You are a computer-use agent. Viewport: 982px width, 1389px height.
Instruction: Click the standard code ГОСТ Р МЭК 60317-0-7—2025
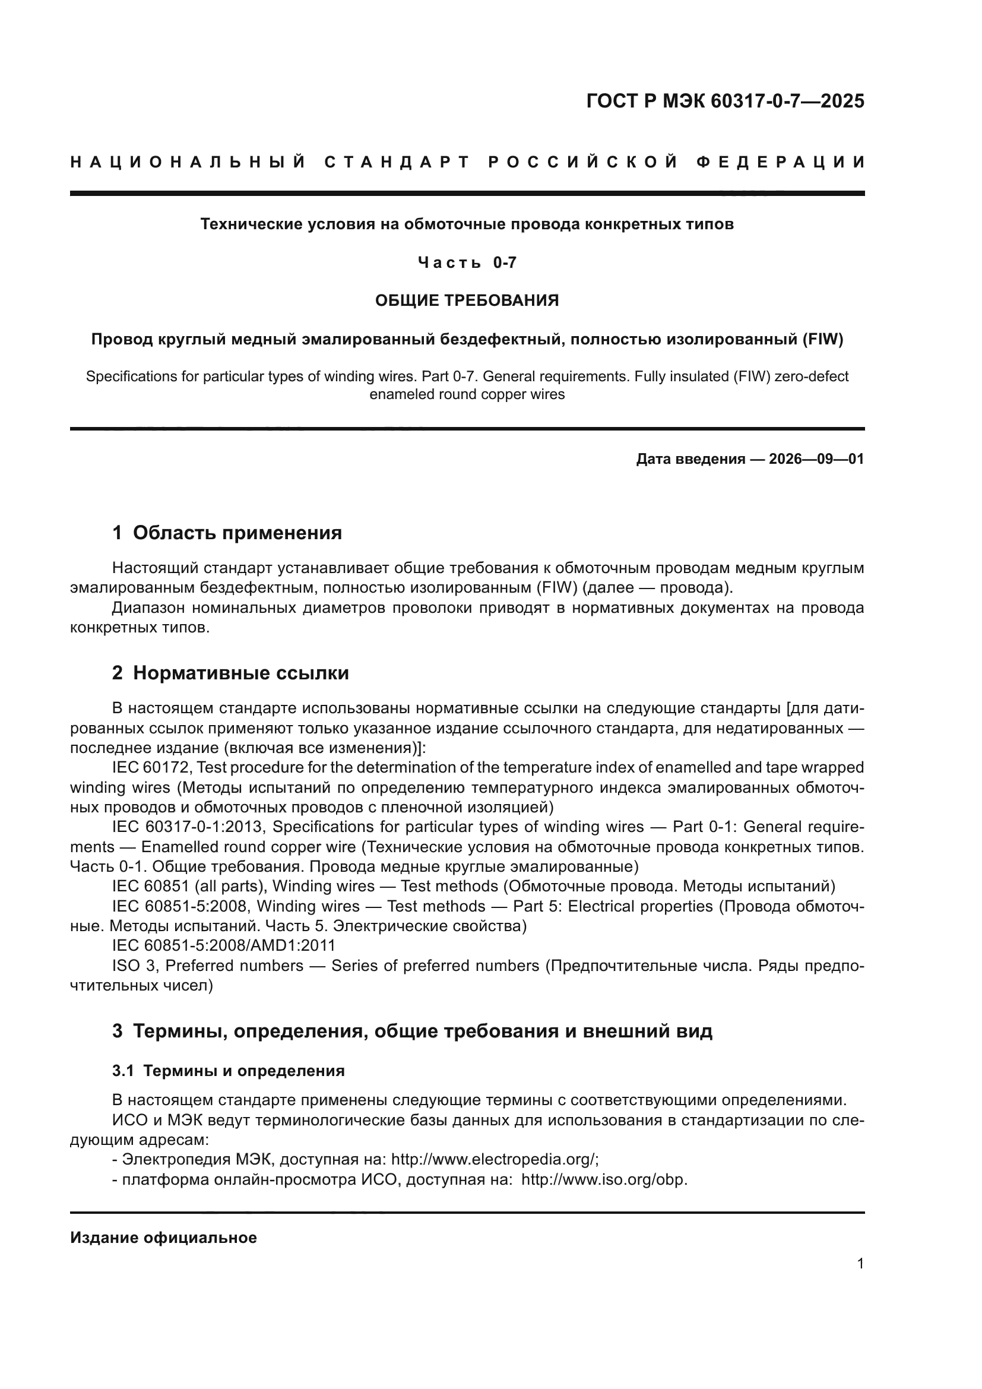[x=725, y=101]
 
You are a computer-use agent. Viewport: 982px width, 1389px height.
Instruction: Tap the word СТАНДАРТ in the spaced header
[x=397, y=162]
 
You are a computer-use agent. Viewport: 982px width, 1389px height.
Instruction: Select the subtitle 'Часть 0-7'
[x=467, y=262]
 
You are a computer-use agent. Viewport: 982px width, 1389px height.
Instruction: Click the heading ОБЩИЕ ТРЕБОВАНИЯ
[x=467, y=300]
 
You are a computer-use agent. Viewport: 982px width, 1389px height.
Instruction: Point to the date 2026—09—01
[x=816, y=459]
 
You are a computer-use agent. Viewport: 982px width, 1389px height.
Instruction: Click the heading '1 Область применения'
[x=227, y=533]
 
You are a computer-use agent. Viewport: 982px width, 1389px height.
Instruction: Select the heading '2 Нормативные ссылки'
[x=230, y=673]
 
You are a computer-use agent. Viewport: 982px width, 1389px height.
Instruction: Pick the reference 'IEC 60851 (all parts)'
[x=188, y=886]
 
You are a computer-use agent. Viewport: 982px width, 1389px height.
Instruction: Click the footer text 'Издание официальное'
[x=163, y=1238]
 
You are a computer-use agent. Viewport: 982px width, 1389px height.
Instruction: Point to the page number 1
[x=860, y=1264]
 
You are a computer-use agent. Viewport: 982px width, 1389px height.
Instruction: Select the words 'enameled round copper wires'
[x=467, y=394]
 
